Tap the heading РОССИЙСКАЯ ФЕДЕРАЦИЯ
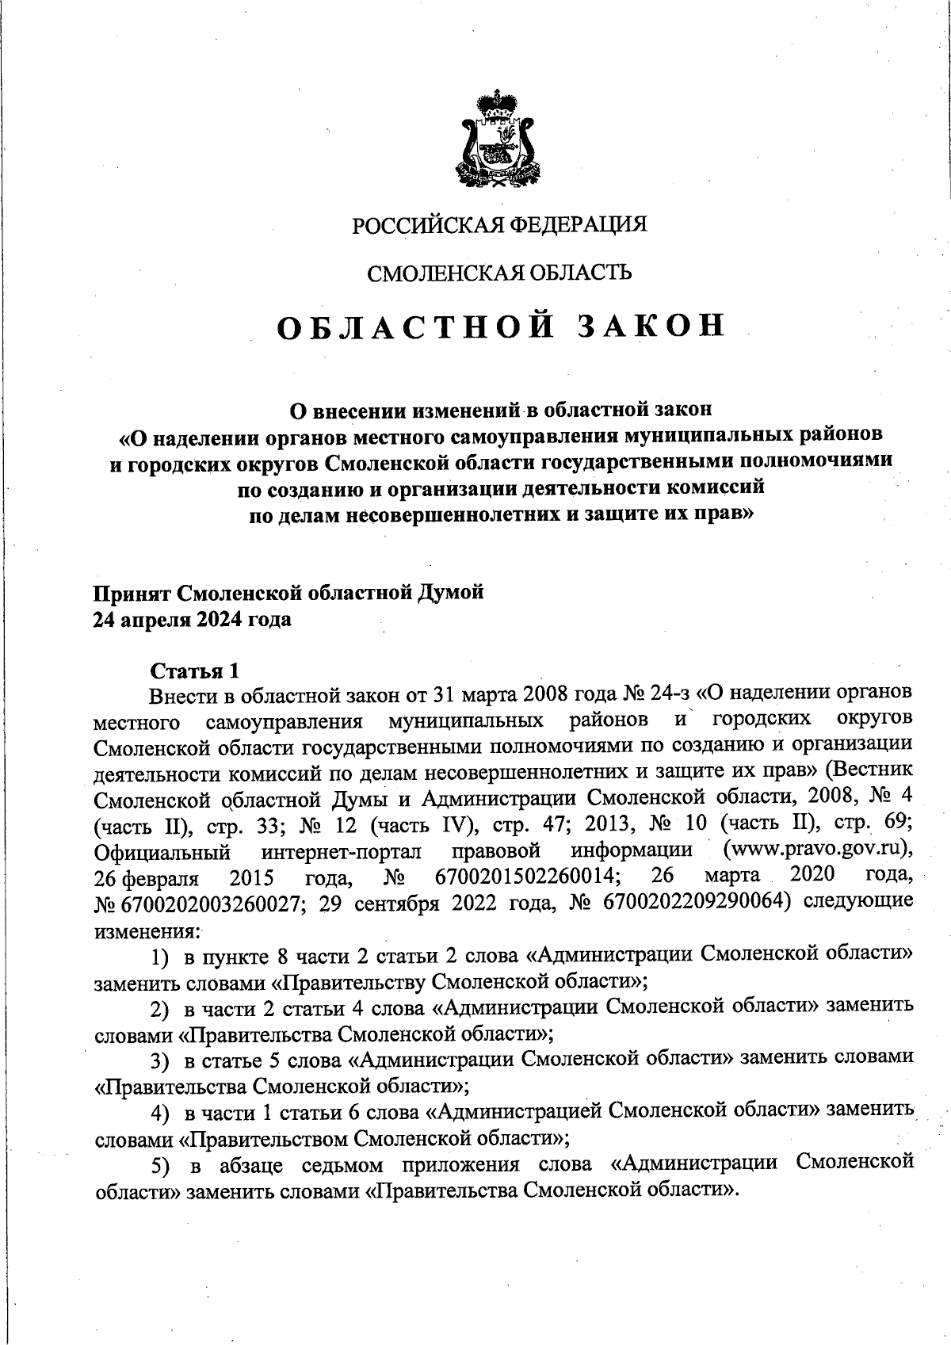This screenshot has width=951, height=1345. click(x=499, y=224)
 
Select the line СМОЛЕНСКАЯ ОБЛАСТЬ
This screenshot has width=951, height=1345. click(x=499, y=273)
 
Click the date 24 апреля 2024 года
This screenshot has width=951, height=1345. click(x=193, y=619)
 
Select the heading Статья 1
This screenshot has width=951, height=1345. click(x=195, y=671)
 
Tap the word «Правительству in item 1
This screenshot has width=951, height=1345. click(x=349, y=982)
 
